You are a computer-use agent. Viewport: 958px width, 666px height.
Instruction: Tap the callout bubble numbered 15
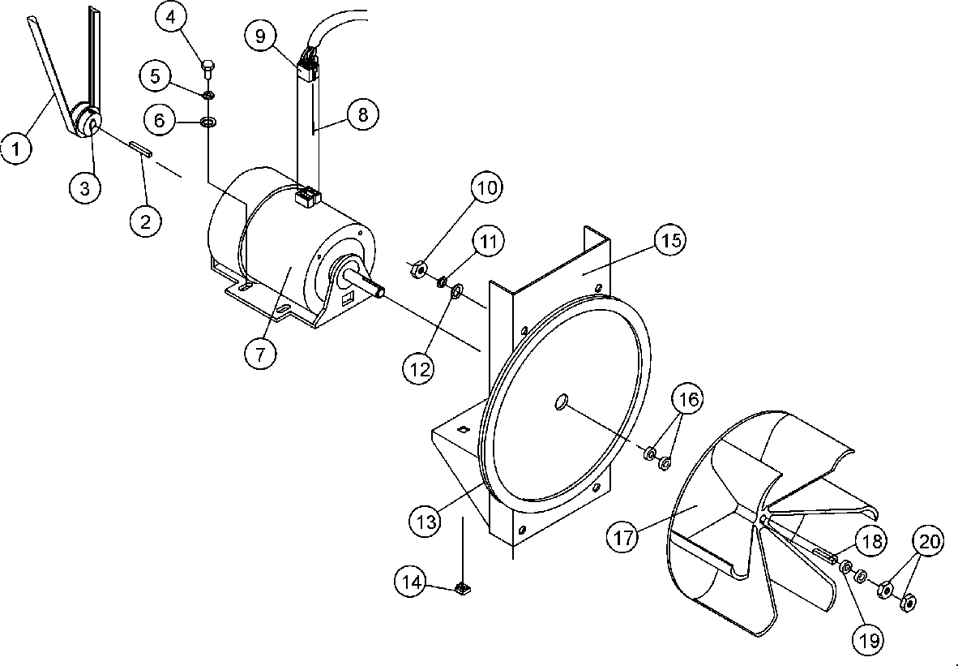tap(673, 241)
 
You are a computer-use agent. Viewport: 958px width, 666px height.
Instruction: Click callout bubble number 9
tap(261, 36)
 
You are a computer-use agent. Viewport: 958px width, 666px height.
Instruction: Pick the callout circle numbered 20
tap(931, 542)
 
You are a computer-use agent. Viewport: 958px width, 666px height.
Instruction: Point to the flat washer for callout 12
tap(455, 290)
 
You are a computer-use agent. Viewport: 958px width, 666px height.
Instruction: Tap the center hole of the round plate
tap(561, 402)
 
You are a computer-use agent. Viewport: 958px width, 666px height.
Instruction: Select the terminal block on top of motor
tap(308, 196)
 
